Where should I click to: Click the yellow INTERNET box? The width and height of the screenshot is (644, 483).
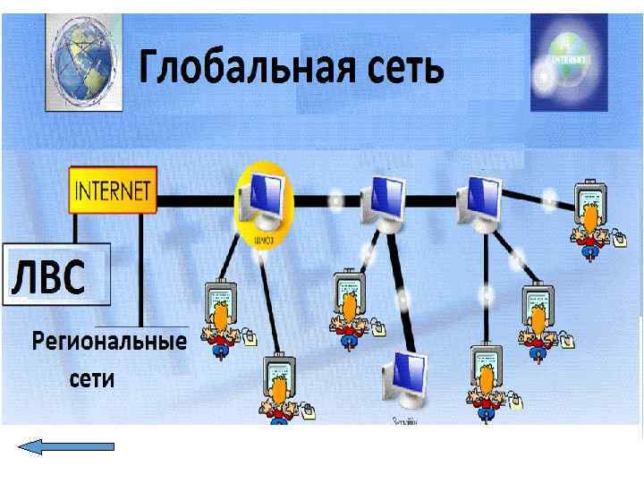113,190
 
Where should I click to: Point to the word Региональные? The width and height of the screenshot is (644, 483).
109,342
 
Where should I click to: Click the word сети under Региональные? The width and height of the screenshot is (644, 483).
92,378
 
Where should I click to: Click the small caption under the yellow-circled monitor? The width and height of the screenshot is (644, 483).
263,239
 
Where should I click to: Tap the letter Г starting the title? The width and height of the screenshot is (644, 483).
149,68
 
